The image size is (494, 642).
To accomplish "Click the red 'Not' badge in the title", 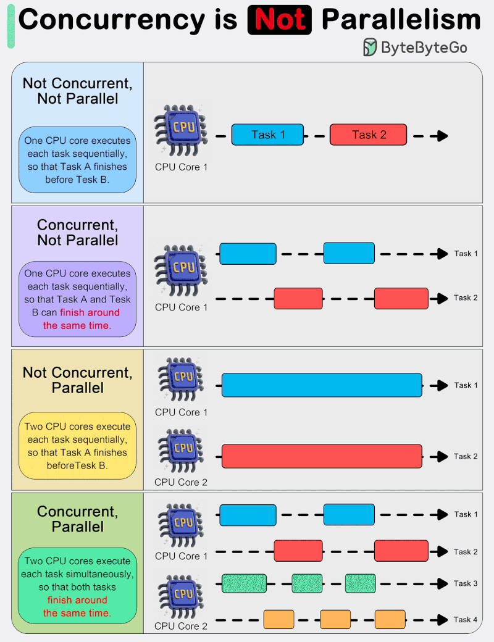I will pyautogui.click(x=279, y=20).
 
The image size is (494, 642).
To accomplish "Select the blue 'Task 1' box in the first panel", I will pyautogui.click(x=267, y=135).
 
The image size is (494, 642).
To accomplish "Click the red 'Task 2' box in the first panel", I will pyautogui.click(x=368, y=135).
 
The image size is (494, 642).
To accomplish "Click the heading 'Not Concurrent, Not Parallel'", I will pyautogui.click(x=77, y=91).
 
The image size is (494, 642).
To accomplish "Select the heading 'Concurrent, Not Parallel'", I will pyautogui.click(x=77, y=232).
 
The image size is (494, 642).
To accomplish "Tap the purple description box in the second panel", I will pyautogui.click(x=77, y=299).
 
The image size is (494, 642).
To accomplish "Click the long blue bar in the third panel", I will pyautogui.click(x=322, y=385).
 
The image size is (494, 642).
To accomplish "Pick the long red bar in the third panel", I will pyautogui.click(x=322, y=456).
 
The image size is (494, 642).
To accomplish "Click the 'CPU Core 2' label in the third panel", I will pyautogui.click(x=181, y=483).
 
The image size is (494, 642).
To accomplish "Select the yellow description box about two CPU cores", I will pyautogui.click(x=77, y=446).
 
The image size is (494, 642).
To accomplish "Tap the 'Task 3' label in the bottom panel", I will pyautogui.click(x=466, y=583).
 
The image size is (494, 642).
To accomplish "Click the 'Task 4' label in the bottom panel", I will pyautogui.click(x=466, y=620).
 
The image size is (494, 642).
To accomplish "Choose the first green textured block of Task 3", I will pyautogui.click(x=244, y=583).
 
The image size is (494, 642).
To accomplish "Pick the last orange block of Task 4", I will pyautogui.click(x=390, y=619).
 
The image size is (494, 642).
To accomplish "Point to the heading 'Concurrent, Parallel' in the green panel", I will pyautogui.click(x=77, y=519).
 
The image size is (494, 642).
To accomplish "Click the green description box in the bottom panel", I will pyautogui.click(x=77, y=586).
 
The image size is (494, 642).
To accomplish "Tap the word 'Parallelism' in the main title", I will pyautogui.click(x=401, y=20).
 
